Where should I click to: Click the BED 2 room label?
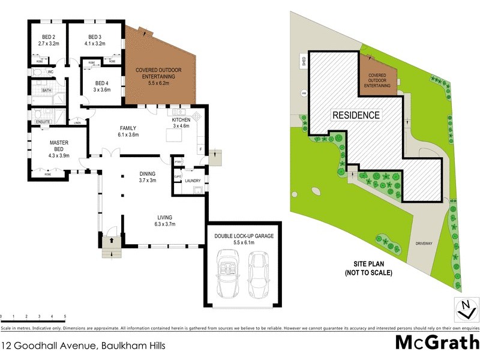point(46,37)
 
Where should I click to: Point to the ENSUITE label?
point(43,122)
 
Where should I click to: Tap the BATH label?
point(46,91)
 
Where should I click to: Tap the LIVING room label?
point(165,217)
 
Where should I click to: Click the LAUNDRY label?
point(193,180)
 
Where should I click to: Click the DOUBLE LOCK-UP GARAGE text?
point(244,236)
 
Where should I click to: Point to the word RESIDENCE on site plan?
point(356,115)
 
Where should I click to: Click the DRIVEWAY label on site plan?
point(424,244)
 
